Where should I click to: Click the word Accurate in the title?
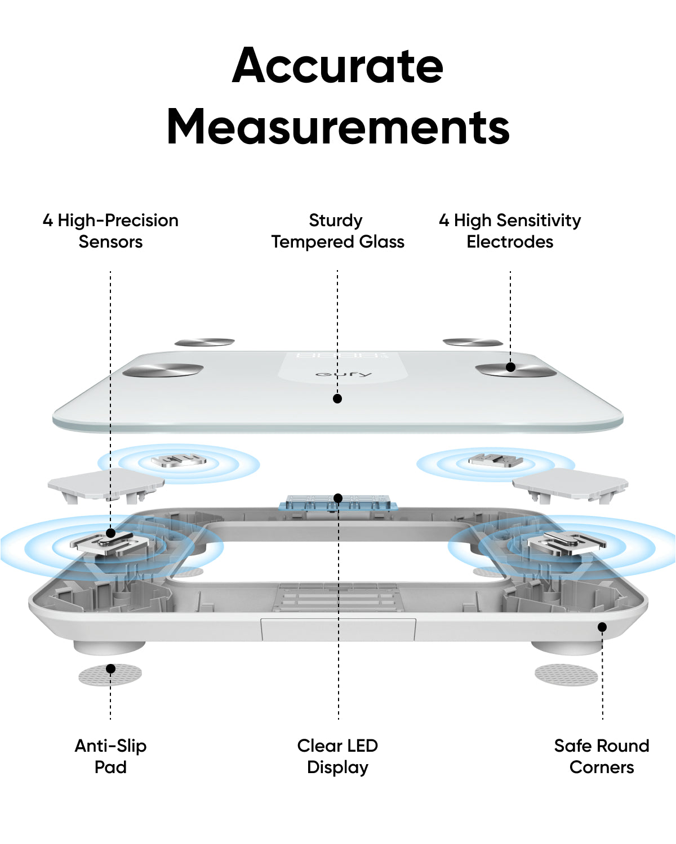338,66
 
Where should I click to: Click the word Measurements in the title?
338,127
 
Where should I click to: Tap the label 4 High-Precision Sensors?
110,231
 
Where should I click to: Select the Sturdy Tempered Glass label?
337,231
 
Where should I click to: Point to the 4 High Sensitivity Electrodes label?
510,231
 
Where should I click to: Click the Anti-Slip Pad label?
110,756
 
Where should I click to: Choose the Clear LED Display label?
337,756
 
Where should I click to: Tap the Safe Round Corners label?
602,756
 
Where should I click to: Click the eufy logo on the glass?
343,374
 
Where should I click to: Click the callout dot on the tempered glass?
337,398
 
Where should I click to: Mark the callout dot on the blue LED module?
338,498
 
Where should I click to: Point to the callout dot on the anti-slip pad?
111,668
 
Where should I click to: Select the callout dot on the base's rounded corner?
602,627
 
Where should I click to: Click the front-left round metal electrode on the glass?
163,370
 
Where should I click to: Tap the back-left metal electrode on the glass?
204,342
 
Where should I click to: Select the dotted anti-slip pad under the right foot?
566,675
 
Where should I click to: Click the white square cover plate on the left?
104,483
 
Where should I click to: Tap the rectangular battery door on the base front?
338,630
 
